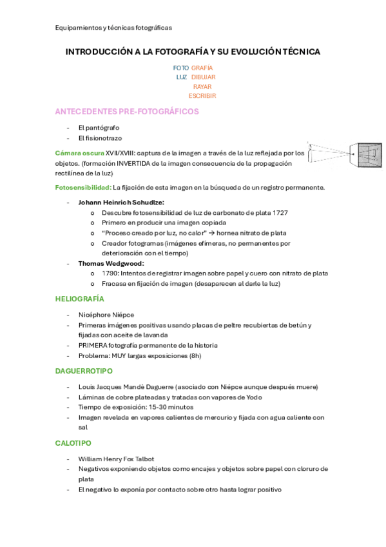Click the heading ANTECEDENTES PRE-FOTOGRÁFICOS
coord(127,112)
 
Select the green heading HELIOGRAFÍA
coord(80,299)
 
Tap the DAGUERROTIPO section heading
coord(84,371)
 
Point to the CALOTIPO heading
coord(73,443)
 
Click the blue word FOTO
coord(181,68)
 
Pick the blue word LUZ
coord(182,77)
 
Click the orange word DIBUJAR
coord(203,77)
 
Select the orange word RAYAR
coord(202,86)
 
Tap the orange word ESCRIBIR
coord(202,96)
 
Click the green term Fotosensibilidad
coord(83,188)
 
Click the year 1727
coord(280,212)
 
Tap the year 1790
coord(110,273)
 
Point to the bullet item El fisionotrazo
coord(100,138)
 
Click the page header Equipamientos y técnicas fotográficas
coord(113,28)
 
